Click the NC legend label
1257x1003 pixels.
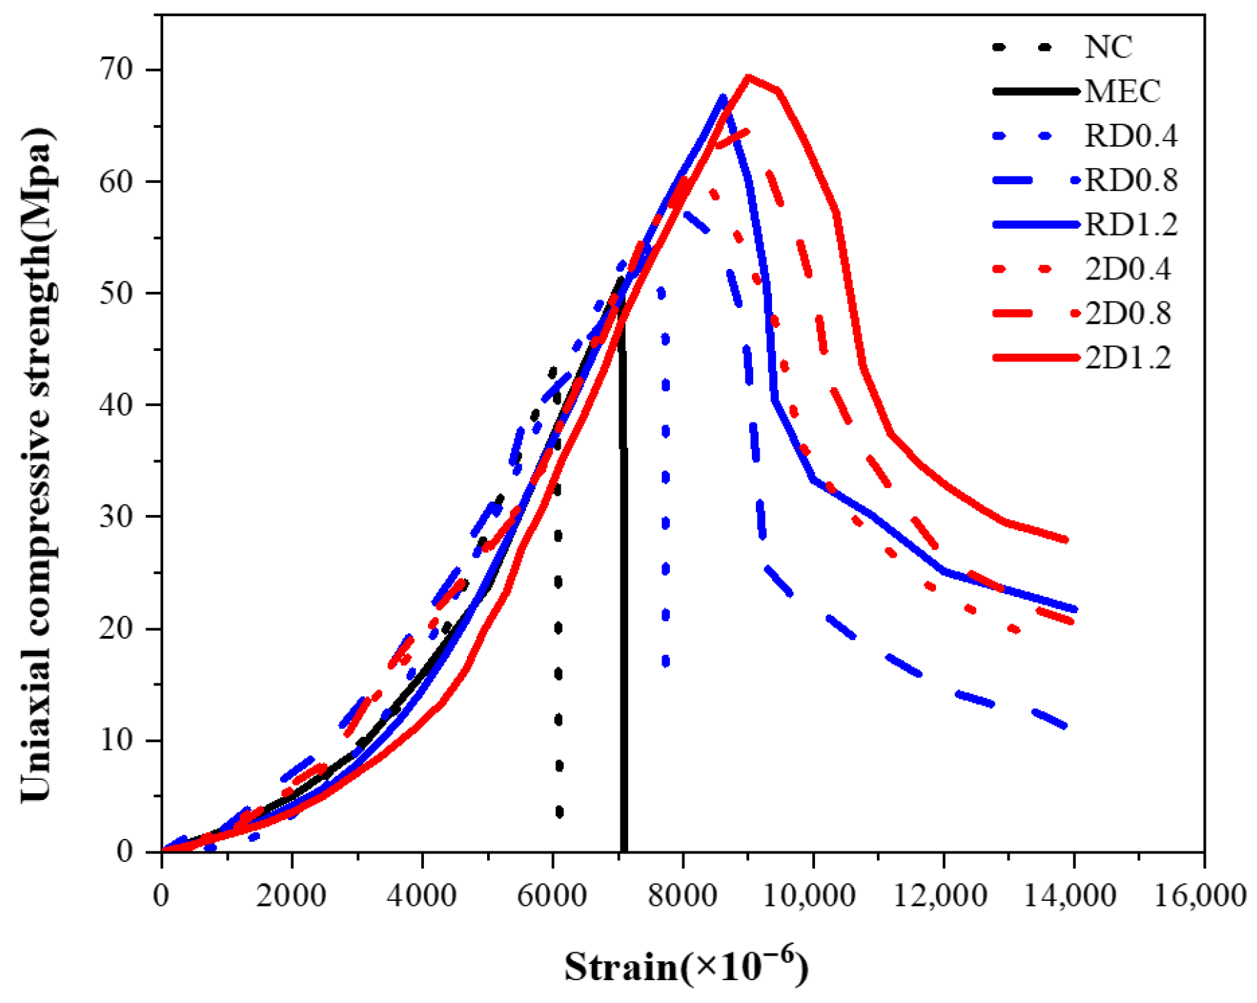click(1108, 47)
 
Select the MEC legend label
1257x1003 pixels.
click(1122, 91)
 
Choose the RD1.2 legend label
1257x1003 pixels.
click(1131, 225)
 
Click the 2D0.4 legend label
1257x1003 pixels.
click(1128, 269)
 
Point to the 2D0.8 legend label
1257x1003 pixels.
click(1128, 313)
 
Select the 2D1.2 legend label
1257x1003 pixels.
click(1128, 357)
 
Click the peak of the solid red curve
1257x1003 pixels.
click(748, 76)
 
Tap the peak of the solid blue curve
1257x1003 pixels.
click(723, 97)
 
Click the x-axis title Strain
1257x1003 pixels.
click(621, 967)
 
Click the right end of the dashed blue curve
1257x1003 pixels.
click(1065, 727)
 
